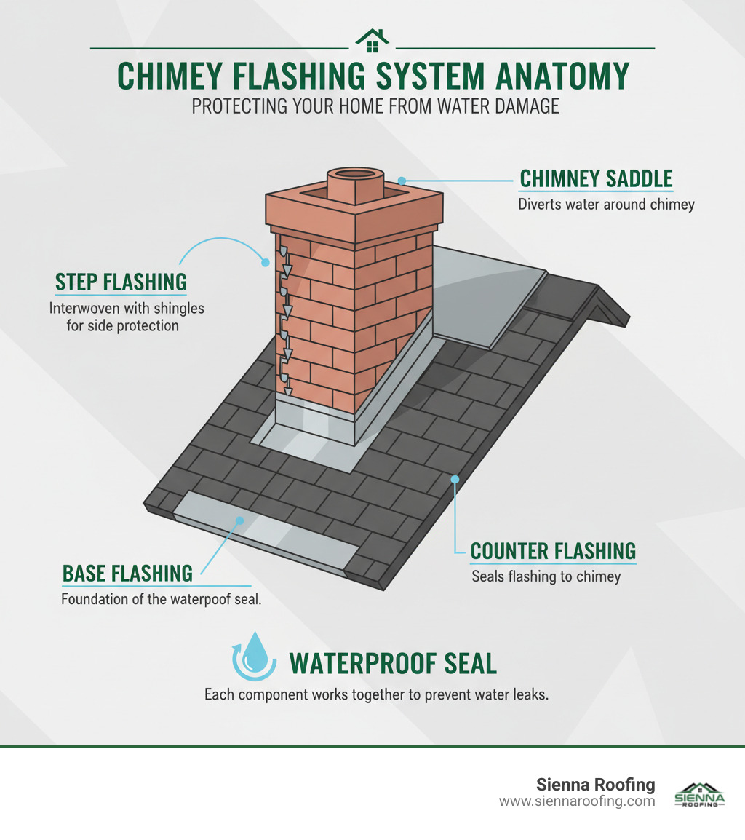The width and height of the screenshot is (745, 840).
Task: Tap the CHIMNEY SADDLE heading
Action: tap(595, 178)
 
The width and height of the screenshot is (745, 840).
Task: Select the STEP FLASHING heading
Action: tap(121, 282)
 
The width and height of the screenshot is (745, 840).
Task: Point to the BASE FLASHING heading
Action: tap(127, 573)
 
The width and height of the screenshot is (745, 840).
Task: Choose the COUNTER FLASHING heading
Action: tap(553, 550)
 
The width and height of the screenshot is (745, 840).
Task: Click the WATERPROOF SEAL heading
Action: tap(393, 663)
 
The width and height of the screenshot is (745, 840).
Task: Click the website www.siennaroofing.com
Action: tap(576, 801)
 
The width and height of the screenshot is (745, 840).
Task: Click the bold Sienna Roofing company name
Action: tap(595, 785)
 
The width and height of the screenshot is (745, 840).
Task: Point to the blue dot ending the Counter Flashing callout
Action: tap(455, 479)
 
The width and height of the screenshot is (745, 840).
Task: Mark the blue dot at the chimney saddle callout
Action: tap(402, 178)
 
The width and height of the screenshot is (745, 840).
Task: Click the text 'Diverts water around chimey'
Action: tap(606, 205)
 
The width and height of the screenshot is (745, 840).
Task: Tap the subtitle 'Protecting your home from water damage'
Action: tap(375, 106)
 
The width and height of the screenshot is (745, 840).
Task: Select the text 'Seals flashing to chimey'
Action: tap(546, 577)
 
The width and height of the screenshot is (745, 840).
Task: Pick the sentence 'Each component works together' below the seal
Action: tap(375, 694)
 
